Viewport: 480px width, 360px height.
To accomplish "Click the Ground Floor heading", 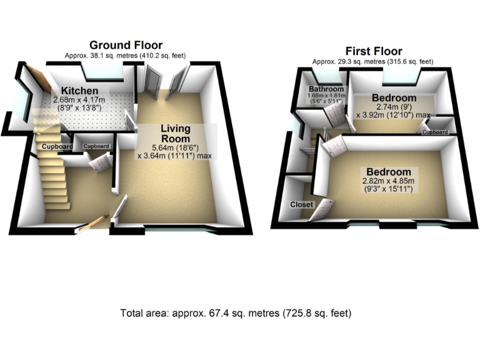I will (126, 45).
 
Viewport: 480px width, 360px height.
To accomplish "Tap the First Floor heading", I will (374, 51).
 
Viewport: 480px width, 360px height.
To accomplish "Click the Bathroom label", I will (326, 89).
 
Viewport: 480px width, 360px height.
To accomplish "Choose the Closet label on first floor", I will (300, 204).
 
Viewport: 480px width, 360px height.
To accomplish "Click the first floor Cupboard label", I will (435, 132).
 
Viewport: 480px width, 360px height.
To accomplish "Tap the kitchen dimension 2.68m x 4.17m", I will (79, 99).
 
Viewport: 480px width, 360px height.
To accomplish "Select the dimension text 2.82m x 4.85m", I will (389, 182).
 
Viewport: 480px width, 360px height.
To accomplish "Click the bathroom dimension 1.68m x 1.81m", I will (326, 97).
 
